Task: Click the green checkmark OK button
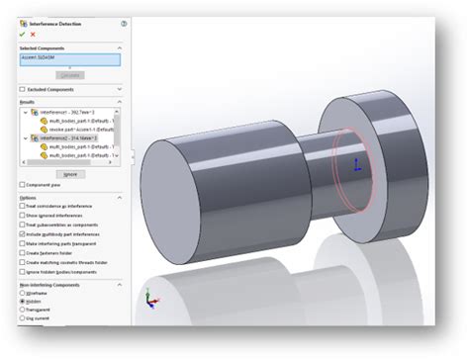point(22,35)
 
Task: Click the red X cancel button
point(33,35)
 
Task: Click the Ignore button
point(69,173)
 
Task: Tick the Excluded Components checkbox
point(23,89)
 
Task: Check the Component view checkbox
point(23,184)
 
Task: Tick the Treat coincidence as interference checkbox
point(23,205)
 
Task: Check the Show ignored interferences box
point(23,214)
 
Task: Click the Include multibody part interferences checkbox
point(23,233)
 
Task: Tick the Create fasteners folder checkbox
point(23,252)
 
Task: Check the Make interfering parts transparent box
point(23,243)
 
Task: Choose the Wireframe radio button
point(23,293)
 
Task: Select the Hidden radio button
point(23,301)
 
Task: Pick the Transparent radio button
point(23,310)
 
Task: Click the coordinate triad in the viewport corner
point(147,298)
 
